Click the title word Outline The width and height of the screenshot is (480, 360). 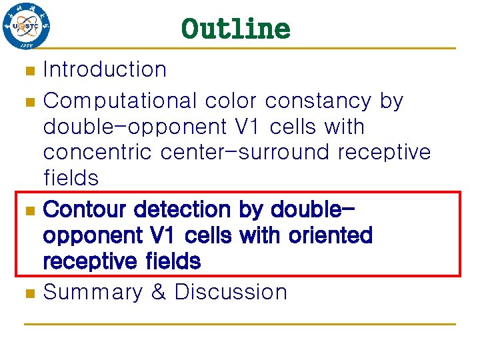tap(236, 29)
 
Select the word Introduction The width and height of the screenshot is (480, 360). tap(105, 69)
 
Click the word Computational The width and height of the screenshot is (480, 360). tap(120, 101)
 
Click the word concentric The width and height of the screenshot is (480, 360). tap(98, 152)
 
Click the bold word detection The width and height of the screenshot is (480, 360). tap(183, 209)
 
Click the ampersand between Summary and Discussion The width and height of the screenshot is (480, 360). tap(159, 292)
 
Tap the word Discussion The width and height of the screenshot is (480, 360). tap(231, 292)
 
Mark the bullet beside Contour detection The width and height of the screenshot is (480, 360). tap(28, 211)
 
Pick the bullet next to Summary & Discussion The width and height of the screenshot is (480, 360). tap(28, 293)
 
